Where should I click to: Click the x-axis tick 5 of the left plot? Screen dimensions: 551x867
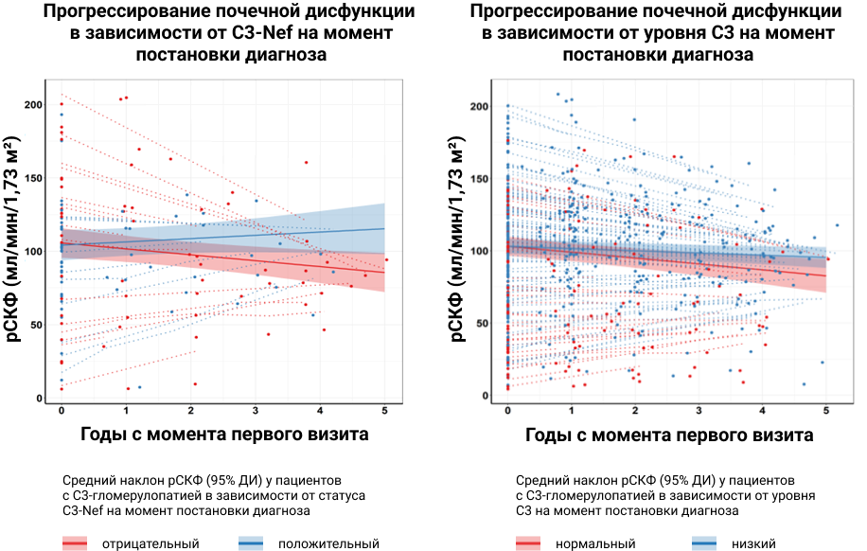[x=385, y=409]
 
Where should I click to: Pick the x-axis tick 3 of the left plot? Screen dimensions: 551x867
[x=256, y=409]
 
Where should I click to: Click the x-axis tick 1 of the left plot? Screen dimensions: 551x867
[x=126, y=409]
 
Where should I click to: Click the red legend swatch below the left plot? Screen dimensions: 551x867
[x=75, y=542]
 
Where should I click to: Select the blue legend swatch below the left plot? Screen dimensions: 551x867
[x=251, y=542]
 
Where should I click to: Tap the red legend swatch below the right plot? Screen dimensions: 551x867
[x=528, y=542]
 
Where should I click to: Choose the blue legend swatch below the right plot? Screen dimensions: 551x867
[x=704, y=542]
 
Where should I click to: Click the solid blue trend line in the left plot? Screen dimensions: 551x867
[x=284, y=232]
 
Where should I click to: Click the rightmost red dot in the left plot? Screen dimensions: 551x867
[x=386, y=259]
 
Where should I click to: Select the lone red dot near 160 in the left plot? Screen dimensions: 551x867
[x=306, y=163]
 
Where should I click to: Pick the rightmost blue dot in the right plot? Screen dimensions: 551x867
[x=837, y=225]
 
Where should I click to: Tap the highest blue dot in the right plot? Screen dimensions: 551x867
[x=557, y=95]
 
